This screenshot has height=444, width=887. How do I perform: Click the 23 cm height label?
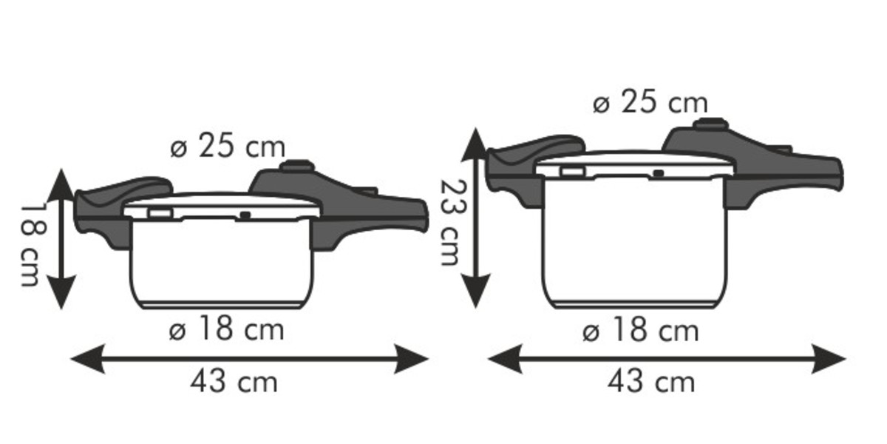452,223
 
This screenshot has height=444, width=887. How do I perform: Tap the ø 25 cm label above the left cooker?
228,146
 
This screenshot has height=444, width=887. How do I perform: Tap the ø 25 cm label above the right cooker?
650,101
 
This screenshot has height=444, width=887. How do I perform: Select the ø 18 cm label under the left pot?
226,329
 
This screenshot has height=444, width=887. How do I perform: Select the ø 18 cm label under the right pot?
641,330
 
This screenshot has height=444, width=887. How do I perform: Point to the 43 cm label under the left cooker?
234,382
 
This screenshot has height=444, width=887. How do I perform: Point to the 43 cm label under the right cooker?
651,382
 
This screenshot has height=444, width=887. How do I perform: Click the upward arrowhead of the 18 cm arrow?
61,185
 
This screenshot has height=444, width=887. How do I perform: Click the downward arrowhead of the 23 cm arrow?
476,291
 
